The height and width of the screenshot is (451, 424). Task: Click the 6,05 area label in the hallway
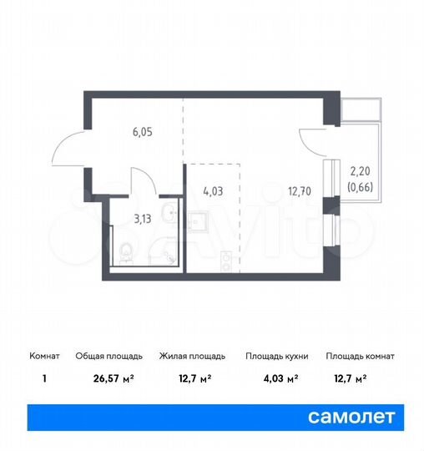coord(141,130)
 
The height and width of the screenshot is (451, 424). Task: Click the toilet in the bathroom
coord(126,250)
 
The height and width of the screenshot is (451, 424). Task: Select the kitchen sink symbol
coord(199,220)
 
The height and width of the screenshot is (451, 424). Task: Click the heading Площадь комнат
coord(360,357)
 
